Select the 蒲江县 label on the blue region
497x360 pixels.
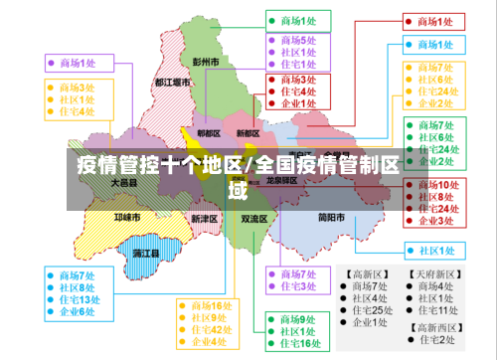(x=146, y=254)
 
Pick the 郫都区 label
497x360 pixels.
(x=209, y=133)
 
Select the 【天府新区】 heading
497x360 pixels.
(x=433, y=272)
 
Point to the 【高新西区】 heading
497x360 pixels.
(x=433, y=325)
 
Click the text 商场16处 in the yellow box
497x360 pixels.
(x=213, y=304)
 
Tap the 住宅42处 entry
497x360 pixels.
(x=213, y=329)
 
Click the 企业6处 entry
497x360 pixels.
(x=78, y=311)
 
